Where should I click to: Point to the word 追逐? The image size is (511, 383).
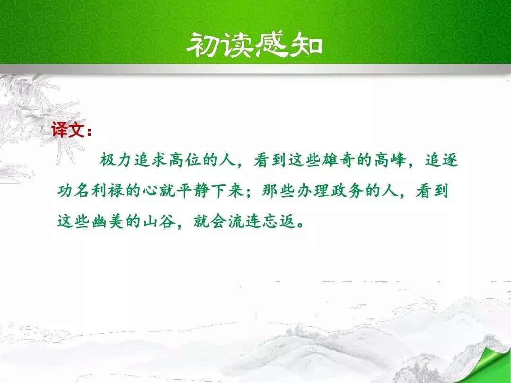click(x=441, y=160)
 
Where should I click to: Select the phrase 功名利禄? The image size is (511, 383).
click(x=91, y=191)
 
